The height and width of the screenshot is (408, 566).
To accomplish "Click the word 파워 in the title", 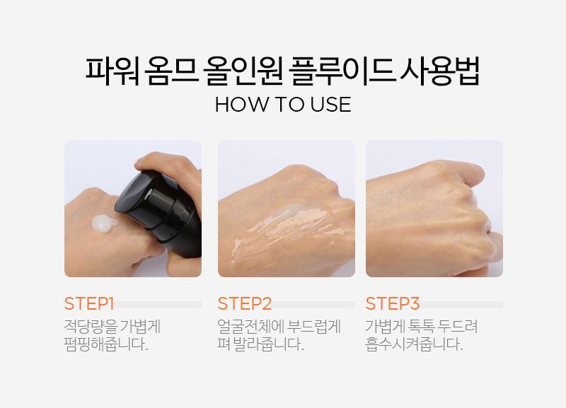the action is (x=112, y=71).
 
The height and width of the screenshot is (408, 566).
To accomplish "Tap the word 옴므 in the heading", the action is (x=171, y=71).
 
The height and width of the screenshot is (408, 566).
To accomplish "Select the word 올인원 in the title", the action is (x=243, y=71).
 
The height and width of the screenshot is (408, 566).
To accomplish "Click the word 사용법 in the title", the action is (x=440, y=71).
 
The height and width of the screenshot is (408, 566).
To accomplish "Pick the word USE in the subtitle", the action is (x=330, y=105).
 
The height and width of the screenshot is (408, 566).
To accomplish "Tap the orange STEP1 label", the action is (x=89, y=304).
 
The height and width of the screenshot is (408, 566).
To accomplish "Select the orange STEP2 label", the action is (x=244, y=304).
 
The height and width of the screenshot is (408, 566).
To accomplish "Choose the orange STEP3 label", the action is (x=393, y=304).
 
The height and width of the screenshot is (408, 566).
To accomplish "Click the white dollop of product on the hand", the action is (x=104, y=224).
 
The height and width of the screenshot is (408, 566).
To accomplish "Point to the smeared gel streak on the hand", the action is (x=287, y=231).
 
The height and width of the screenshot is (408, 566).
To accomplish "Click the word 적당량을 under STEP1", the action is (x=91, y=327).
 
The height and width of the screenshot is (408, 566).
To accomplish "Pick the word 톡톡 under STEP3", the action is (x=420, y=327).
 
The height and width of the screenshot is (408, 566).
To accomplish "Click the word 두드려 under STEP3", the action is (x=458, y=327).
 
